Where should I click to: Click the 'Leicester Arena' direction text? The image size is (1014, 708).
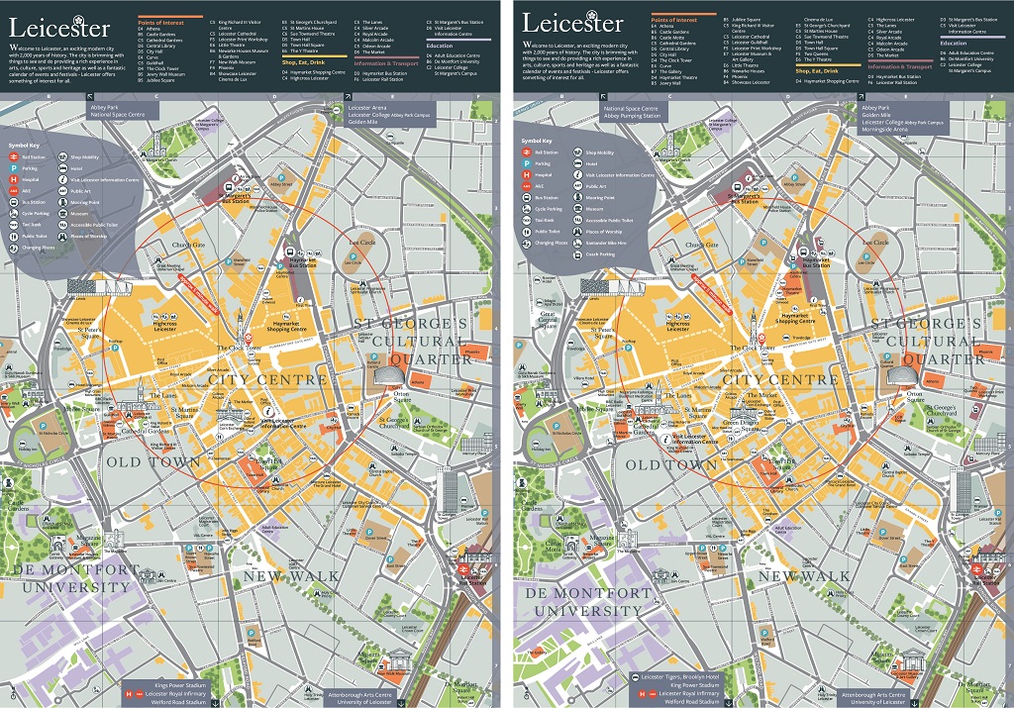(x=367, y=106)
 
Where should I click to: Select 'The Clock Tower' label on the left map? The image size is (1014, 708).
(x=239, y=349)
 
